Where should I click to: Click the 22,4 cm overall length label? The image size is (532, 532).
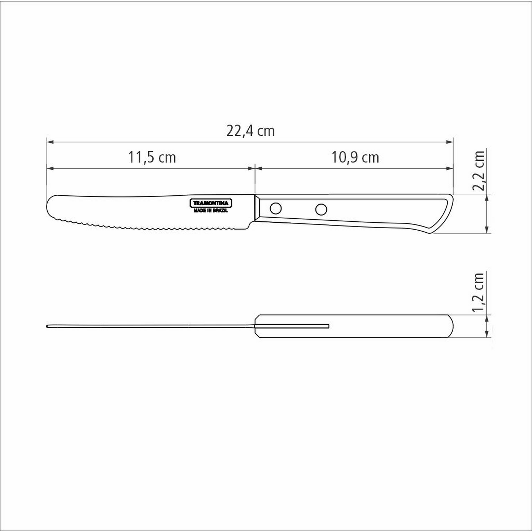point(250,131)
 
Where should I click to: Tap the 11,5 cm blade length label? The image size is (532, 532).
point(152,157)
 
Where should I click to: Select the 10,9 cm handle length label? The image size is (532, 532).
point(355,157)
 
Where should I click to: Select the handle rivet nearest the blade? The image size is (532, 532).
point(275,208)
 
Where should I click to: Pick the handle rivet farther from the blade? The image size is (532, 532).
point(321,210)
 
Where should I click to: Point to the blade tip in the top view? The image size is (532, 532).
point(47,327)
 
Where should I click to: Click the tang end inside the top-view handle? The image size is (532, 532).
point(328,326)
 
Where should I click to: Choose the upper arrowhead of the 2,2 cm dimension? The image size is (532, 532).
point(487,197)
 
